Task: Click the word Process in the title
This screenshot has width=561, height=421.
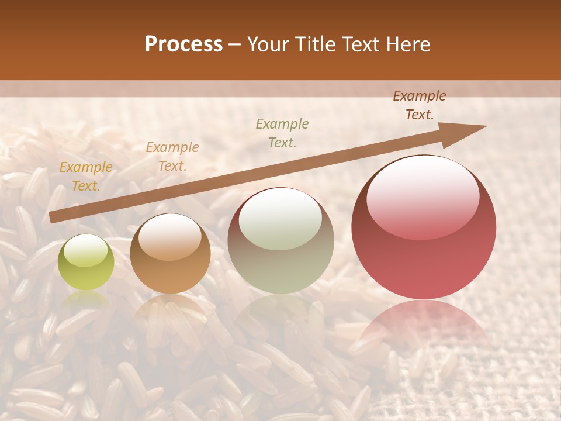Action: (x=183, y=44)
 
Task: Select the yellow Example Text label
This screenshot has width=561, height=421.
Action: (x=86, y=177)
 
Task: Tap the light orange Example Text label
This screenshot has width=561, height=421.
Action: (x=172, y=157)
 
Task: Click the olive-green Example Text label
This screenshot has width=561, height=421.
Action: (x=282, y=133)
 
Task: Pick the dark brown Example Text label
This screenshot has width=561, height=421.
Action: (x=420, y=105)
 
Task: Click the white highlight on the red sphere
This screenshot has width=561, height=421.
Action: (x=423, y=196)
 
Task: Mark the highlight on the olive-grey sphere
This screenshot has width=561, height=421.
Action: (x=280, y=219)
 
